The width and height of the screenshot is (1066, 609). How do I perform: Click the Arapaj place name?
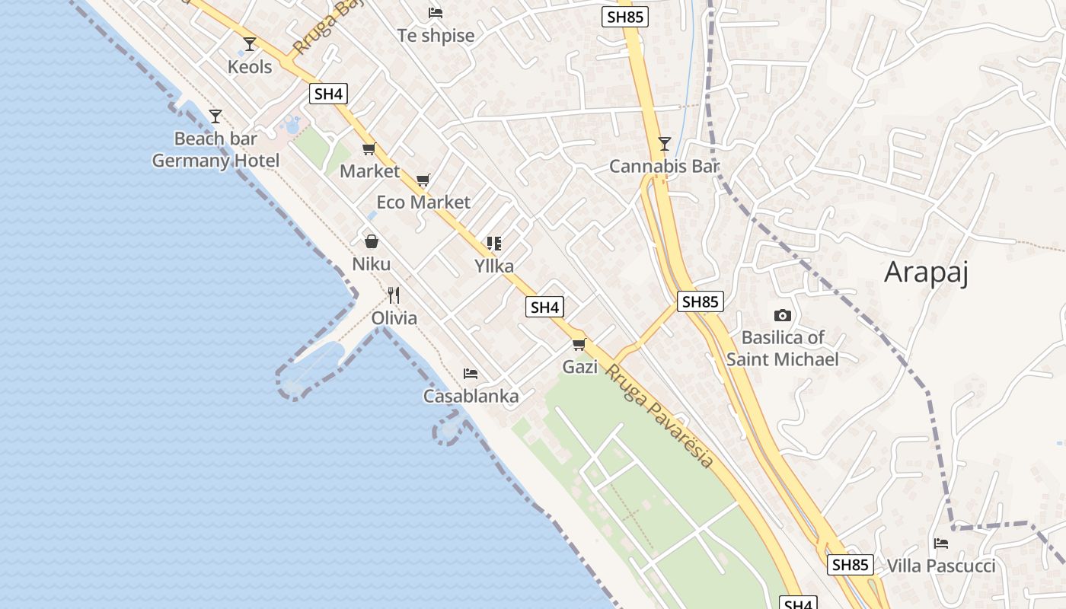[x=926, y=272]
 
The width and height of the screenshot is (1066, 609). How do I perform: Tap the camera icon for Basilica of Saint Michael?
[x=782, y=315]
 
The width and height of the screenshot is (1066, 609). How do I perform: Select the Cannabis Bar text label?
[x=664, y=166]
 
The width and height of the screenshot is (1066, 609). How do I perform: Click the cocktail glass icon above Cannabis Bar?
[x=664, y=143]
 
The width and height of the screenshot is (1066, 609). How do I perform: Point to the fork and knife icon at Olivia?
[x=394, y=295]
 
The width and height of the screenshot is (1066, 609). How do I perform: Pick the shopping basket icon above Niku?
[x=372, y=241]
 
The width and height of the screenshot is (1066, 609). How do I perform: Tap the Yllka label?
[x=494, y=266]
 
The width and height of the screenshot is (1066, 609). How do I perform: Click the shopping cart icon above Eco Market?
[x=423, y=180]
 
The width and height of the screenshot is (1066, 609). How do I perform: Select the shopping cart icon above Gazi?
[x=579, y=344]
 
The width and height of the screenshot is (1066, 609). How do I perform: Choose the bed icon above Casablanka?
[x=471, y=374]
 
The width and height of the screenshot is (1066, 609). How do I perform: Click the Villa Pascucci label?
[x=941, y=566]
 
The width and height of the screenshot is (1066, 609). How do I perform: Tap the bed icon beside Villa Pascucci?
[x=941, y=544]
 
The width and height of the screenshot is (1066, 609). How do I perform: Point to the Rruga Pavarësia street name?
[x=659, y=416]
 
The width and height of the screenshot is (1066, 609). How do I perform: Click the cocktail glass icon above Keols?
[x=249, y=44]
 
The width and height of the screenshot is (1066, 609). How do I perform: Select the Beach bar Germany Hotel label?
[x=215, y=150]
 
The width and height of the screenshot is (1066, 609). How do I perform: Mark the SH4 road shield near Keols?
[x=329, y=94]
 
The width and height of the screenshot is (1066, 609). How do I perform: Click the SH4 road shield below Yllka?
[x=545, y=308]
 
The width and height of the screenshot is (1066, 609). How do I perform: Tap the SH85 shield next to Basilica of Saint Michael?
[x=700, y=301]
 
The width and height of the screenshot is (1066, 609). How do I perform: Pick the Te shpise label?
[x=436, y=36]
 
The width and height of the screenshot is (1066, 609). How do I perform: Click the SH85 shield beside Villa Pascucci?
[x=850, y=565]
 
